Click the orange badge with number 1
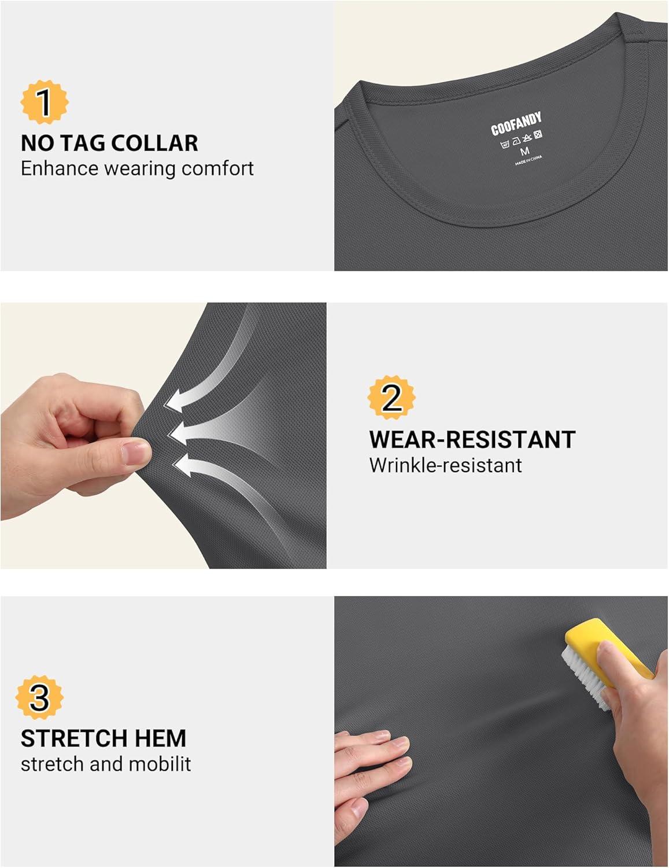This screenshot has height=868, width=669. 45,102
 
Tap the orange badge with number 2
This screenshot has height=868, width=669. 391,398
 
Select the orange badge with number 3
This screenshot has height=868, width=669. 39,698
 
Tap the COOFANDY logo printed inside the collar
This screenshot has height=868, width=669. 516,123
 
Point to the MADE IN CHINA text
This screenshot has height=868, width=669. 528,160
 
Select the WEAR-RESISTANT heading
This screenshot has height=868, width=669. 472,439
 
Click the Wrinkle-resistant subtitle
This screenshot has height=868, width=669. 445,465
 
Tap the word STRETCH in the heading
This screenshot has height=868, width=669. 79,738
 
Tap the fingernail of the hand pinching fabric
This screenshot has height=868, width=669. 136,452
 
